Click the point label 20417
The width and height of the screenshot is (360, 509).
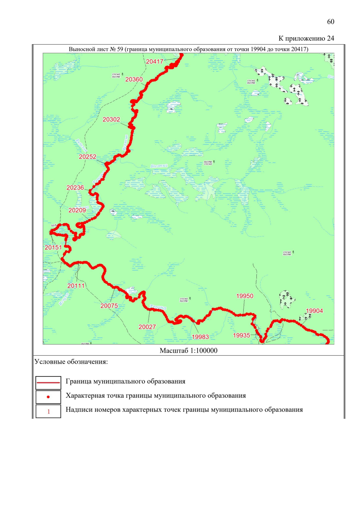[x=154, y=61]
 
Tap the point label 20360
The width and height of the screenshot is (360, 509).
[x=134, y=79]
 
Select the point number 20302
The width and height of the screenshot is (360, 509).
[x=111, y=119]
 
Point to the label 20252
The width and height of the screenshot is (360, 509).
[x=88, y=157]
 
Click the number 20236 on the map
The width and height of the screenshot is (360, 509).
[x=75, y=187]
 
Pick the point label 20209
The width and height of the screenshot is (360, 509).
[x=77, y=210]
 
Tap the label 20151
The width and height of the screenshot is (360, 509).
[x=53, y=247]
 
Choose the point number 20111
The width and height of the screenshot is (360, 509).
[x=76, y=286]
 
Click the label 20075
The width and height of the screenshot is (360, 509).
[x=109, y=306]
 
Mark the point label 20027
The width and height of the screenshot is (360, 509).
[x=147, y=327]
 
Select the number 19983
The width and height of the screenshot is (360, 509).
[x=200, y=337]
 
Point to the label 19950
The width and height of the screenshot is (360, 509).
[x=245, y=296]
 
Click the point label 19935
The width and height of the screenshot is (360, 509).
[x=241, y=335]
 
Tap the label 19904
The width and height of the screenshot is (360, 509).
[x=314, y=311]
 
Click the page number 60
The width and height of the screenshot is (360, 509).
[x=331, y=22]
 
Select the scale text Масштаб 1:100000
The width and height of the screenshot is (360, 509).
[x=188, y=351]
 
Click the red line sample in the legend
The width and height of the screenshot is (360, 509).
[x=48, y=383]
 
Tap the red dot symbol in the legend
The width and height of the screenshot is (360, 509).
[x=48, y=397]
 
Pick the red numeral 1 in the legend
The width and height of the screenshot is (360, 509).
[x=49, y=412]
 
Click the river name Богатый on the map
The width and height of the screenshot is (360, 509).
[x=159, y=166]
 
